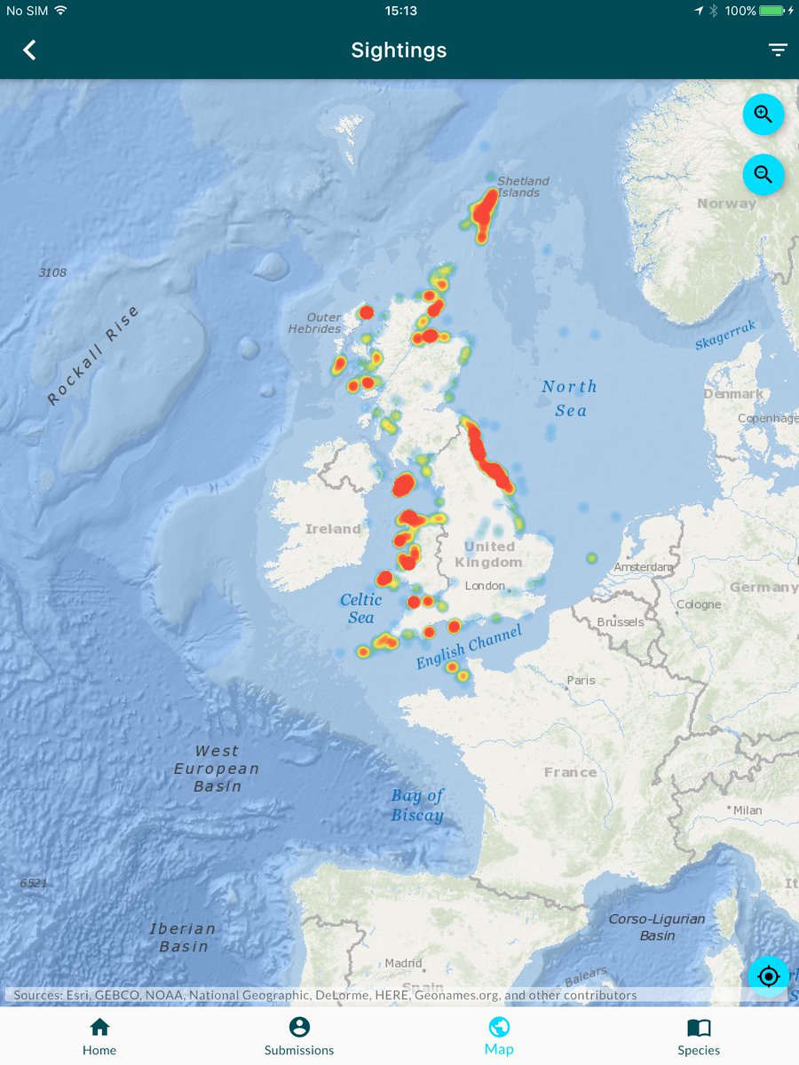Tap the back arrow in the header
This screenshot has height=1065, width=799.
click(x=30, y=50)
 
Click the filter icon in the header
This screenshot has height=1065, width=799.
click(x=778, y=50)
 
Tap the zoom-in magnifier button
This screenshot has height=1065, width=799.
click(x=763, y=114)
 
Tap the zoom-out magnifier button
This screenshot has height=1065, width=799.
click(x=763, y=174)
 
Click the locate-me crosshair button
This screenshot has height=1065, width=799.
click(x=768, y=976)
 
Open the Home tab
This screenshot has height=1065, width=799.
click(x=99, y=1036)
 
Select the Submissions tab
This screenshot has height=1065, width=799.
click(x=299, y=1036)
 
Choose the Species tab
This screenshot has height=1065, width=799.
click(x=699, y=1036)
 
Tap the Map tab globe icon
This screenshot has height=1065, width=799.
click(x=499, y=1028)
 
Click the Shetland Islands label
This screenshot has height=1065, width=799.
click(x=522, y=186)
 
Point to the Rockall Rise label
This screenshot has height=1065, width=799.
click(x=92, y=356)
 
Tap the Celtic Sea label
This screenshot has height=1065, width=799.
click(x=360, y=608)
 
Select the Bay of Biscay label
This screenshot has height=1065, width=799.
click(x=417, y=805)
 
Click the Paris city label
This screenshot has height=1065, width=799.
click(x=581, y=680)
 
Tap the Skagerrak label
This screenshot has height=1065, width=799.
click(x=725, y=336)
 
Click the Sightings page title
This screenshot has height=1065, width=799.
click(x=399, y=50)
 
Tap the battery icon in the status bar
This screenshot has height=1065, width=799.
click(x=771, y=11)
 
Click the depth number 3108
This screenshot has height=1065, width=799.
click(x=52, y=272)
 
